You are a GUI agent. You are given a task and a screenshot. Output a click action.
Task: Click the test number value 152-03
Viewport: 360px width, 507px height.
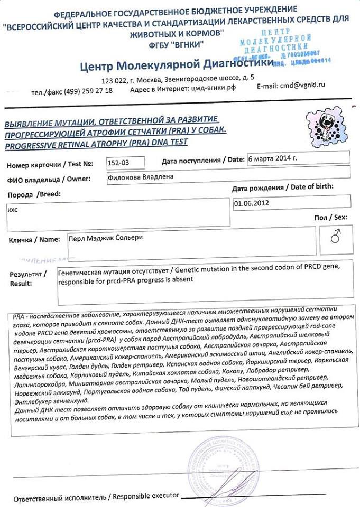coord(118,162)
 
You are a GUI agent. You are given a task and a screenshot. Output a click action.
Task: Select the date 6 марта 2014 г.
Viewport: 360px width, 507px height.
coord(273,158)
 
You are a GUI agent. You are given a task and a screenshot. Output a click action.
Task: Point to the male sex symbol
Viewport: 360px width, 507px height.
coord(335,238)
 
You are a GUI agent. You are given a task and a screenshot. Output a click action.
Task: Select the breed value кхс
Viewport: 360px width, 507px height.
coord(13,209)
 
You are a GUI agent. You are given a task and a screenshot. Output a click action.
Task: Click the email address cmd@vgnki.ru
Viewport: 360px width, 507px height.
coord(302,84)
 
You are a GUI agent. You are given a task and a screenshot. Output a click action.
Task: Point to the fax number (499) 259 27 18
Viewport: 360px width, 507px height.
coord(88,91)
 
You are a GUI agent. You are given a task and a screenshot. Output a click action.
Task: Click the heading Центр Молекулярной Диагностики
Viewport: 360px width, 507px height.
coord(177,65)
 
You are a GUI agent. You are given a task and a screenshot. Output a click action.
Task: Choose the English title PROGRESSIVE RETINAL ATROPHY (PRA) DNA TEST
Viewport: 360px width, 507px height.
coord(96,143)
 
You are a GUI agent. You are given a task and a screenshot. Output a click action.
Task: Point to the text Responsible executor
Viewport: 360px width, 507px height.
coord(144,497)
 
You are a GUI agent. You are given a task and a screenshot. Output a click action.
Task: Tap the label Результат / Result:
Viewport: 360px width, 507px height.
coord(28,279)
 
